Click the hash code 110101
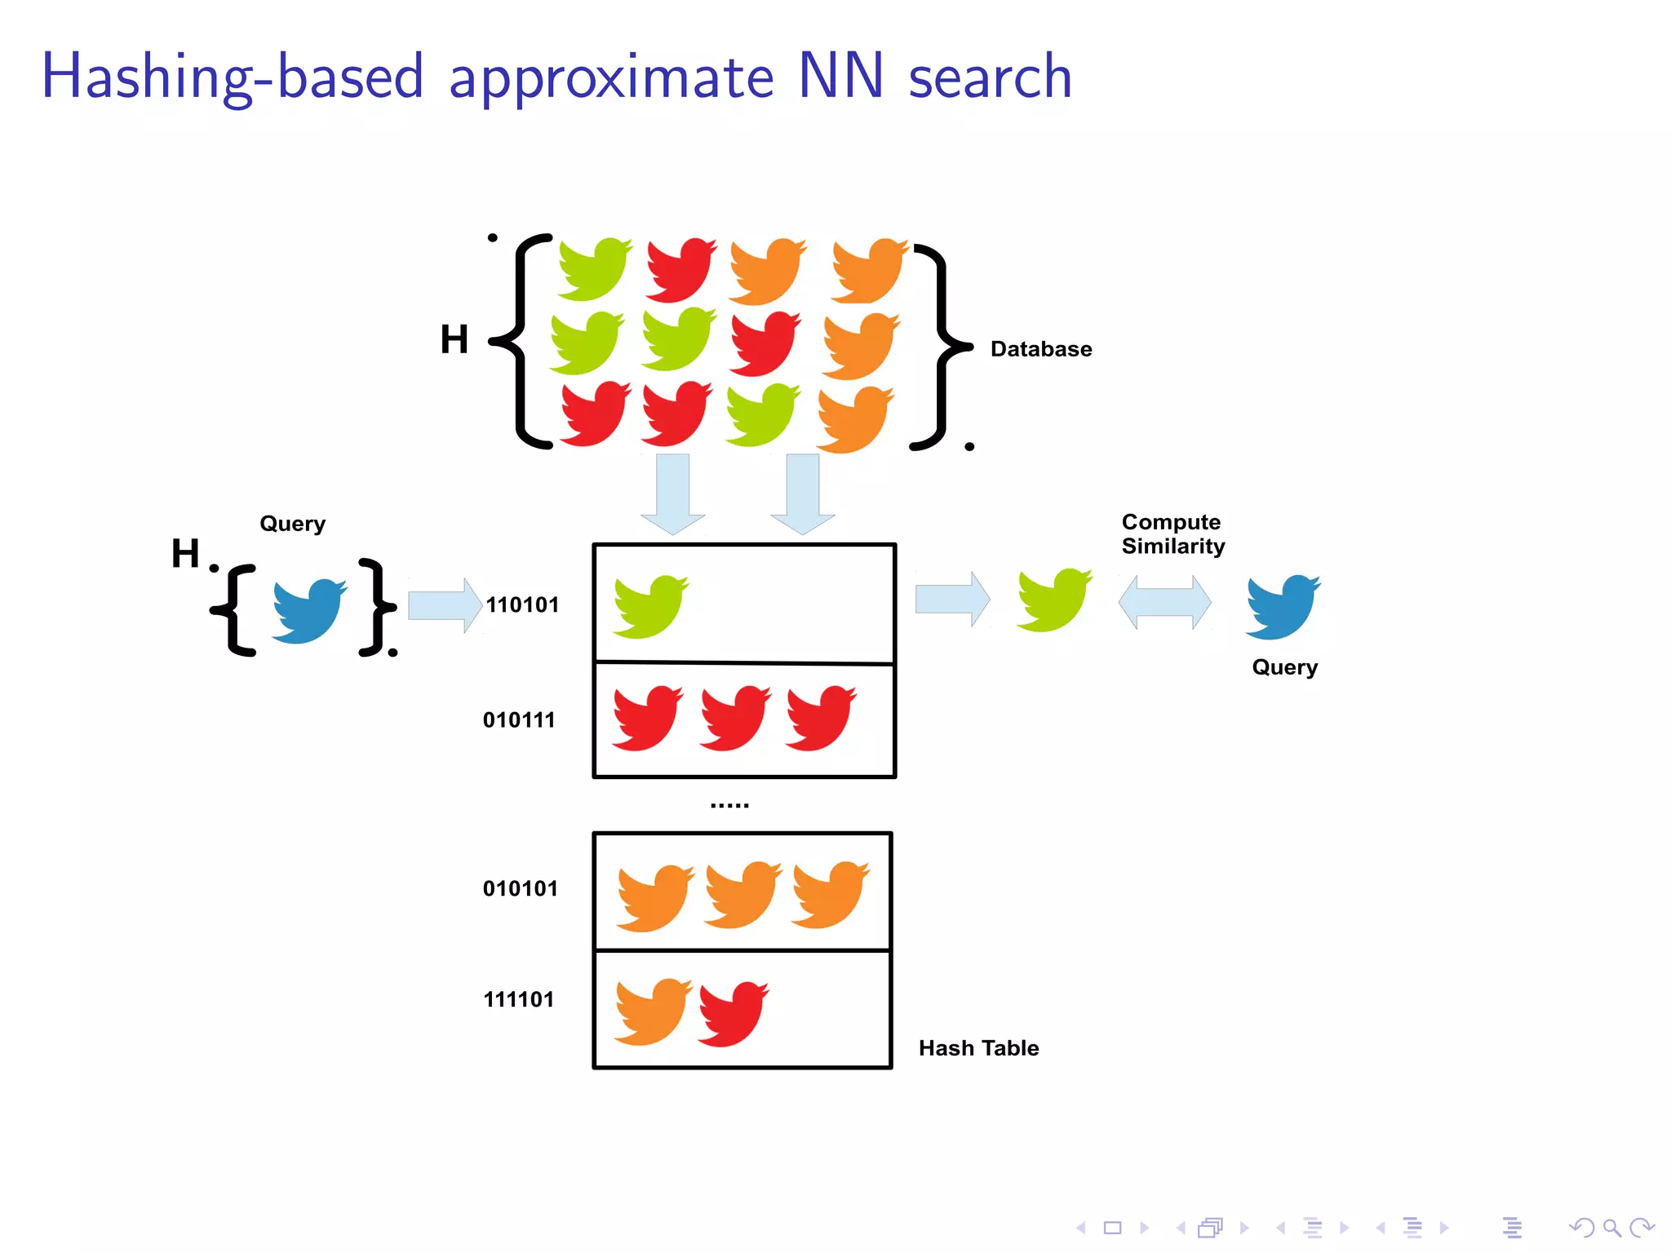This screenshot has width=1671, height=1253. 522,604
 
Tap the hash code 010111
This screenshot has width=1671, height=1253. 519,719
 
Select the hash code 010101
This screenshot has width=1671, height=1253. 521,888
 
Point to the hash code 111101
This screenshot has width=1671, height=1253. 519,999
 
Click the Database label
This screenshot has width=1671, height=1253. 1041,349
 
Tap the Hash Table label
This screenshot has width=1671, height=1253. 978,1048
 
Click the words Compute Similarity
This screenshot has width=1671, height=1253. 1172,534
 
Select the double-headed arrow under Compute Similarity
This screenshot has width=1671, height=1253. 1164,603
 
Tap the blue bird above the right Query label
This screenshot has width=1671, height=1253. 1282,606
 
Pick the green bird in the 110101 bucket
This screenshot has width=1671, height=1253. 649,605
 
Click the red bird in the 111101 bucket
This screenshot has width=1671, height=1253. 732,1013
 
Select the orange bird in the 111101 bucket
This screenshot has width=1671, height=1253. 652,1011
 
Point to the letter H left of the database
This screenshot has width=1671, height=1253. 454,339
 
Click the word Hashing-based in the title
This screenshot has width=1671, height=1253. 233,77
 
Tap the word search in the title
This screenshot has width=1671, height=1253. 990,77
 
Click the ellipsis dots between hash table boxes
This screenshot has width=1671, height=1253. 729,805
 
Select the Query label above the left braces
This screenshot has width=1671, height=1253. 292,524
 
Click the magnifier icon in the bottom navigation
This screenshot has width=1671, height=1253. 1611,1228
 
